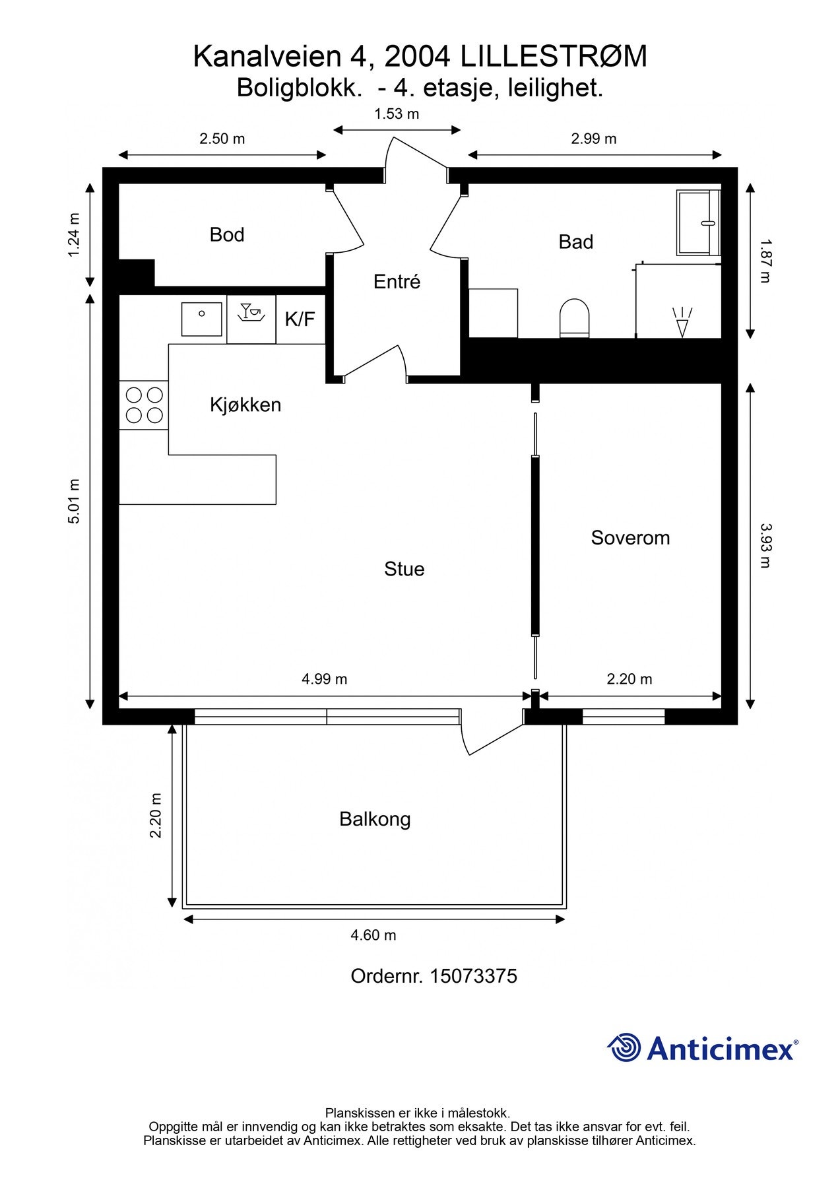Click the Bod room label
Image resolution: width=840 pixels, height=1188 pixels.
(227, 234)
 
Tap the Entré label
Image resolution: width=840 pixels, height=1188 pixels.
(397, 281)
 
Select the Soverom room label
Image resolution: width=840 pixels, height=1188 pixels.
(630, 537)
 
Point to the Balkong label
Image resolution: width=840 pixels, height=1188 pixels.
(375, 819)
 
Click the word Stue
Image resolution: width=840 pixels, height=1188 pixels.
(404, 569)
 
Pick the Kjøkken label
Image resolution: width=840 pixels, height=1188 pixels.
(245, 405)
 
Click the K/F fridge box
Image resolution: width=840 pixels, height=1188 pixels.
(300, 319)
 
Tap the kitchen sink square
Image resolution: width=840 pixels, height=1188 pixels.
(202, 319)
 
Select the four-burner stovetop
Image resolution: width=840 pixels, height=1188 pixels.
(144, 405)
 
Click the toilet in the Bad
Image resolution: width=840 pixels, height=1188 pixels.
(574, 318)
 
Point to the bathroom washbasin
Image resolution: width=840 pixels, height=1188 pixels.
(698, 222)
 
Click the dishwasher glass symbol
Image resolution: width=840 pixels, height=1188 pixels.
(251, 313)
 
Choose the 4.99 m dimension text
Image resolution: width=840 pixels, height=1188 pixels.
(325, 678)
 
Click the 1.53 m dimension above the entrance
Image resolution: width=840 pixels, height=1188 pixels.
(397, 114)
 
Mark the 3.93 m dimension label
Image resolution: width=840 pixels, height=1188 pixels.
(765, 546)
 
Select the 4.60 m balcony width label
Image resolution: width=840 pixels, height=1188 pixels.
(373, 935)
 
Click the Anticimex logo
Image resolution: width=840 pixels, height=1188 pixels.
(703, 1047)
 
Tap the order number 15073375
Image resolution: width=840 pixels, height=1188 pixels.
(474, 976)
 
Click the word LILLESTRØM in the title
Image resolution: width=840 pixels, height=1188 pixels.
(554, 57)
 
